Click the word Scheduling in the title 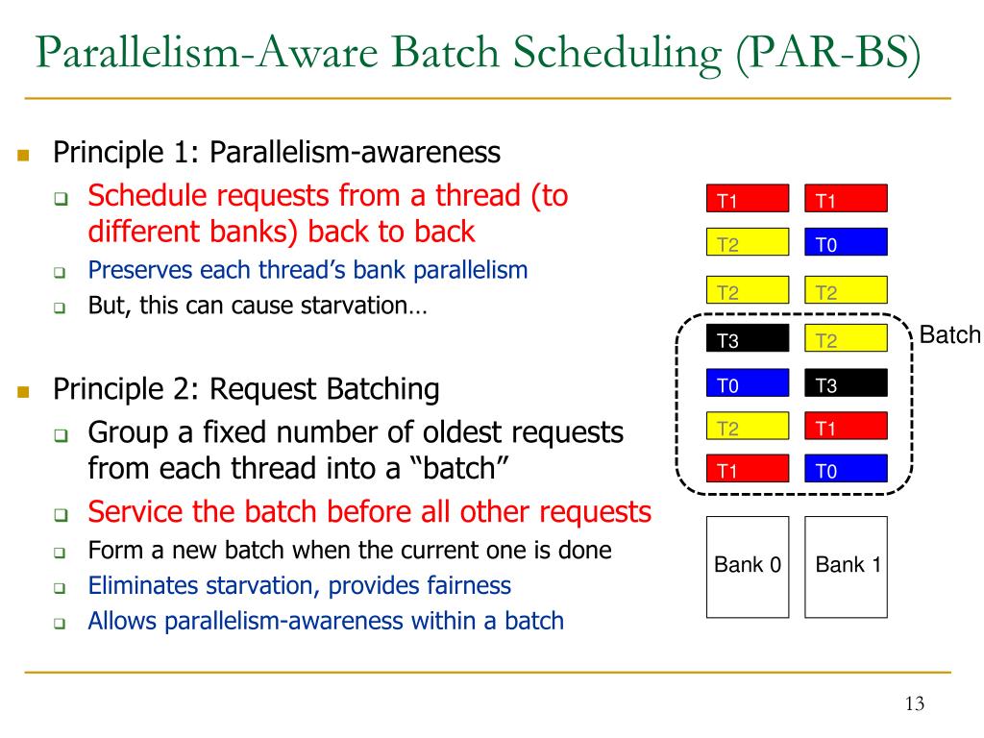(617, 54)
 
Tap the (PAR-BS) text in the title (829, 54)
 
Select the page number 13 (915, 703)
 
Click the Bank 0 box (748, 567)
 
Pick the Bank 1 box (846, 567)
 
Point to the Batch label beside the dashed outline (949, 334)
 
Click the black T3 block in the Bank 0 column (748, 339)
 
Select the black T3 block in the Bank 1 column (846, 382)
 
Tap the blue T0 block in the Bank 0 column (748, 382)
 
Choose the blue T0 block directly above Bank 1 (846, 468)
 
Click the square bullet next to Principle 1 (24, 155)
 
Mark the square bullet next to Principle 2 (24, 392)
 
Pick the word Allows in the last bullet (122, 621)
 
